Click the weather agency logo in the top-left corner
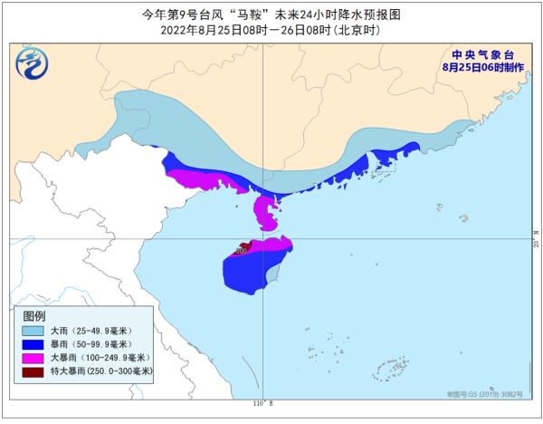[x=33, y=63]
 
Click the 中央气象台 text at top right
[x=475, y=53]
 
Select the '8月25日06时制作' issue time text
[x=475, y=66]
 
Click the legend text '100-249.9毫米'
[x=109, y=358]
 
